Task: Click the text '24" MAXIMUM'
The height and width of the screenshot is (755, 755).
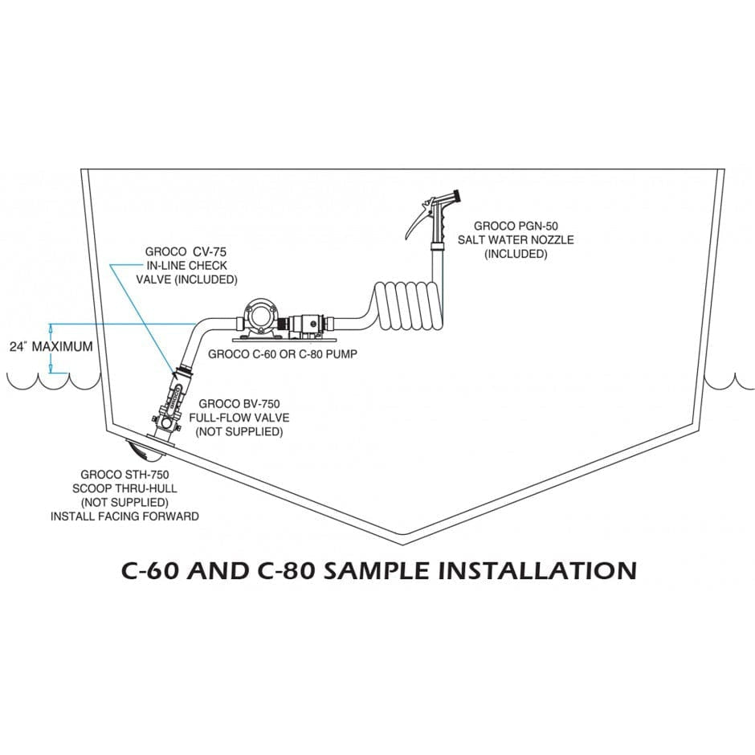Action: (51, 347)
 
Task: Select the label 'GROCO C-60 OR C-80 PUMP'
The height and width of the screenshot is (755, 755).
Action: (282, 353)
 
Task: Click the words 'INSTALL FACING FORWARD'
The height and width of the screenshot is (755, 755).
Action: (124, 516)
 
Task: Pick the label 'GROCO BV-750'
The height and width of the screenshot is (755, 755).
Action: (239, 404)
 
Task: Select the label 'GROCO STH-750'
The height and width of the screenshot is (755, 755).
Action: (124, 475)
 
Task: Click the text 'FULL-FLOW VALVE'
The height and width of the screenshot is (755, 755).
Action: (239, 418)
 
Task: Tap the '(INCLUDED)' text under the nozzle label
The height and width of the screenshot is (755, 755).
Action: (515, 254)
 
